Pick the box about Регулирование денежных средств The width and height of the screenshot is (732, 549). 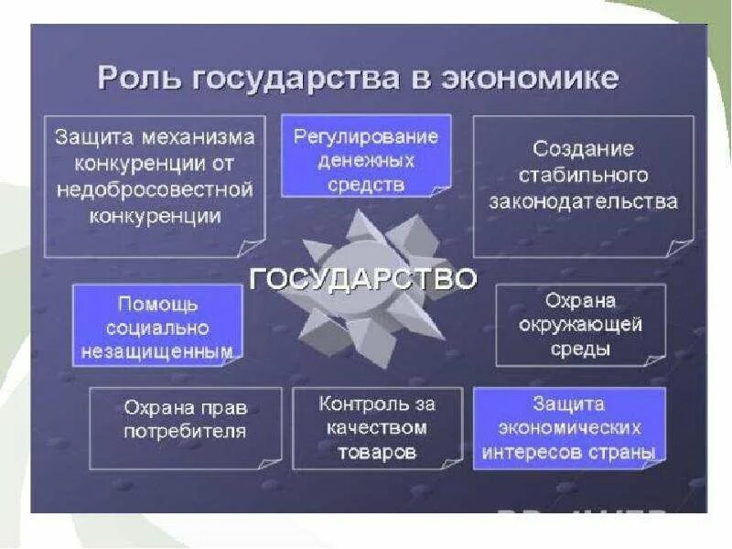point(365,156)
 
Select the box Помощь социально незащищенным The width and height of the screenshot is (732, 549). point(157,325)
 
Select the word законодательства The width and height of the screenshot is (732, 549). point(584,201)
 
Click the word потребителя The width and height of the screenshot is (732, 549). point(186,431)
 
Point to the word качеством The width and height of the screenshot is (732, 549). point(377,427)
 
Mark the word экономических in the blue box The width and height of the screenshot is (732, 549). point(569,427)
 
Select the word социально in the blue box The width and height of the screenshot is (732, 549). point(157,327)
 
